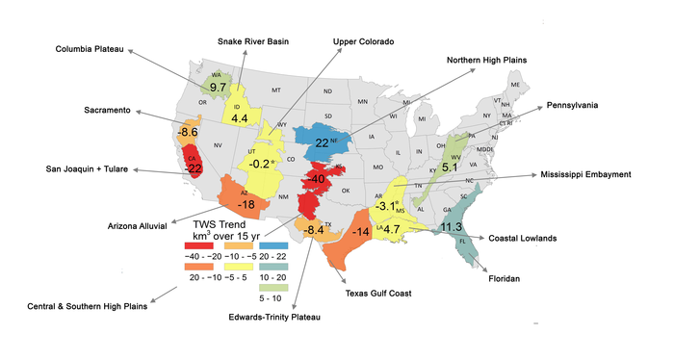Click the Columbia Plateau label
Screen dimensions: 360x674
click(x=94, y=49)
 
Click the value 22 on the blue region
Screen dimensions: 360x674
click(x=322, y=142)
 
